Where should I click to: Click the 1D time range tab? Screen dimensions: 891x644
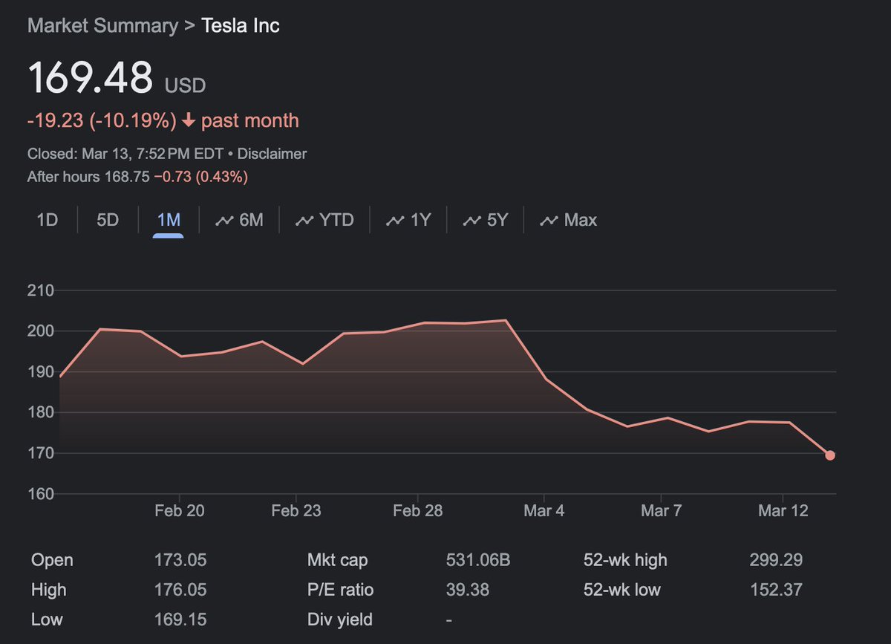pyautogui.click(x=48, y=220)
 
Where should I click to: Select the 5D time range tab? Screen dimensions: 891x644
pyautogui.click(x=108, y=220)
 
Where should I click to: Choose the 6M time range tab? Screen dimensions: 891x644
pyautogui.click(x=239, y=220)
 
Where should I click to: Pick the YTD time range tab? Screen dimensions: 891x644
pyautogui.click(x=324, y=220)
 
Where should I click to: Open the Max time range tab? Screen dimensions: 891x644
pyautogui.click(x=569, y=220)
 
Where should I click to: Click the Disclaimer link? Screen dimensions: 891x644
pyautogui.click(x=272, y=154)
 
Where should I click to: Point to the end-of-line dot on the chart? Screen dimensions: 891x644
pyautogui.click(x=830, y=455)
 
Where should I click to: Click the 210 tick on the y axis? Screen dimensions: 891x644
pyautogui.click(x=41, y=290)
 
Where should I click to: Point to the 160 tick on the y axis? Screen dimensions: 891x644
pyautogui.click(x=41, y=494)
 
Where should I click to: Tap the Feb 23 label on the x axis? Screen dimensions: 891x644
pyautogui.click(x=296, y=510)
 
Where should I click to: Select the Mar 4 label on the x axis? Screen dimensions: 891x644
pyautogui.click(x=544, y=510)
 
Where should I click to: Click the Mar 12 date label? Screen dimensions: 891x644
pyautogui.click(x=783, y=510)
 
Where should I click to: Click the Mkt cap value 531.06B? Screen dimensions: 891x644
pyautogui.click(x=478, y=559)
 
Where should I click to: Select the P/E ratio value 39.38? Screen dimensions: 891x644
pyautogui.click(x=467, y=590)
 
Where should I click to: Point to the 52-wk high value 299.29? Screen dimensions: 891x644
pyautogui.click(x=776, y=559)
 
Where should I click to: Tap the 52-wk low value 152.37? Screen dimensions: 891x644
pyautogui.click(x=776, y=590)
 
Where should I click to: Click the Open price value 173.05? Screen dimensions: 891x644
pyautogui.click(x=180, y=559)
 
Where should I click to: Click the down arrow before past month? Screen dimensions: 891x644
pyautogui.click(x=189, y=120)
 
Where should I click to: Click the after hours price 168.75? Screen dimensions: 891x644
pyautogui.click(x=127, y=176)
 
